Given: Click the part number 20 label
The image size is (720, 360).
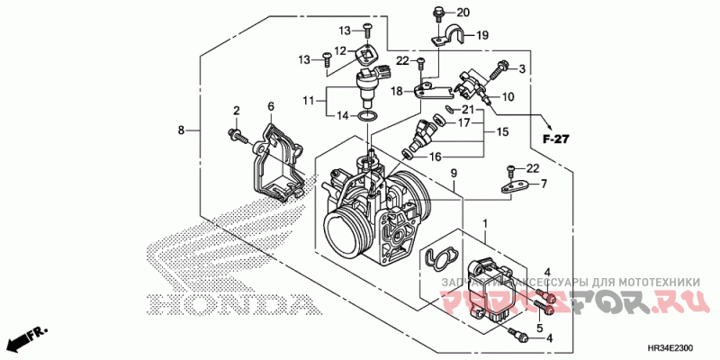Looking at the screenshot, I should pos(463,13).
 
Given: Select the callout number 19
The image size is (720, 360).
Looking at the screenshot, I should pos(481,36).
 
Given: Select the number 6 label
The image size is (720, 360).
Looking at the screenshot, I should pos(269,107).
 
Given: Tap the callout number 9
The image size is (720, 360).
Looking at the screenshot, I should pos(454,172).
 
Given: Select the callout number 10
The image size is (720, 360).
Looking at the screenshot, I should pos(508,97).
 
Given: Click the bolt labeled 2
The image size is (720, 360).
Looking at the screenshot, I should pos(238,136).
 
